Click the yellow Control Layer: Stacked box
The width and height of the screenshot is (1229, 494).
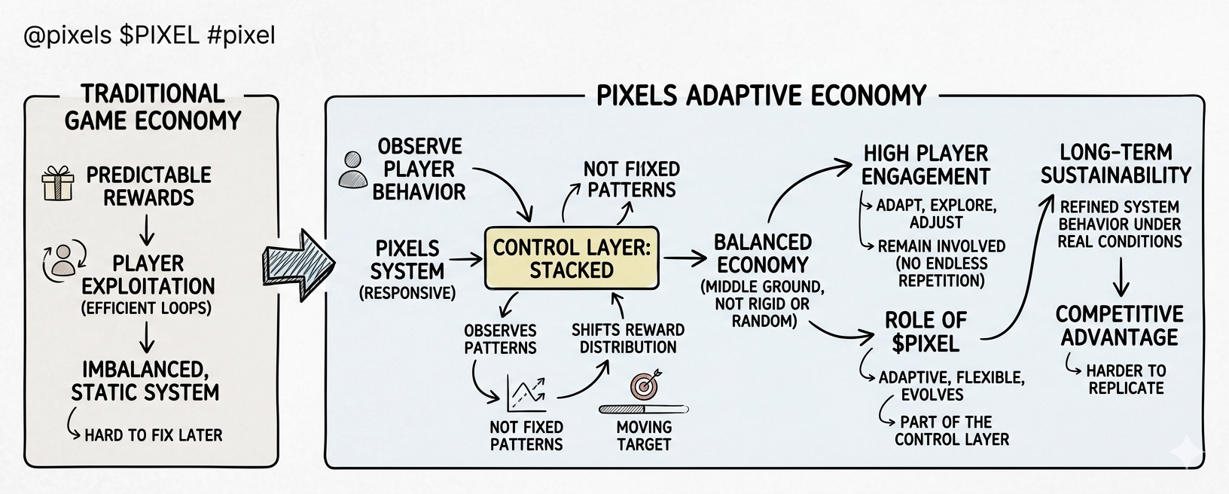click(572, 258)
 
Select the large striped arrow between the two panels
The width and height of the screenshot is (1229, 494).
click(298, 265)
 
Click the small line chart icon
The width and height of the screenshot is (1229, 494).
click(526, 394)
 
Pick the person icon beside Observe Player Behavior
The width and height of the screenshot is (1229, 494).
click(352, 170)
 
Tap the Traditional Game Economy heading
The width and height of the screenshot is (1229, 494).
click(153, 107)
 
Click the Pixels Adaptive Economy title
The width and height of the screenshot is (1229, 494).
click(761, 96)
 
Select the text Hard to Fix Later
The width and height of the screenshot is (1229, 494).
click(154, 435)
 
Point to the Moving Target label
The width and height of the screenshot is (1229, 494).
click(644, 435)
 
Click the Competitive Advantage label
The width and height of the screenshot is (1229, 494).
click(1119, 325)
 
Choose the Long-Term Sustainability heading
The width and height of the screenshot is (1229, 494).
click(1116, 163)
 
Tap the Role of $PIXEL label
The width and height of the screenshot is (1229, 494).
click(926, 331)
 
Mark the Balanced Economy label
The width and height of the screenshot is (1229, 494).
click(763, 254)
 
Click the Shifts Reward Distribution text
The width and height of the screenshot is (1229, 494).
click(628, 338)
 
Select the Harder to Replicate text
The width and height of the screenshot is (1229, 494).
click(1127, 380)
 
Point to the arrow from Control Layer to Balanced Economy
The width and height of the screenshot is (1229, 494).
click(685, 258)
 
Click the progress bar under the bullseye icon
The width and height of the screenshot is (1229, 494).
click(644, 409)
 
